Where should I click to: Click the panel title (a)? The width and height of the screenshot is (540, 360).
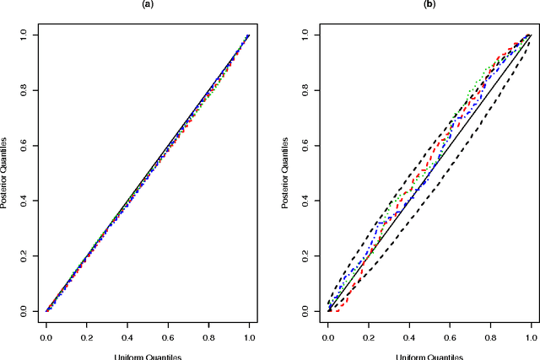pos(147,4)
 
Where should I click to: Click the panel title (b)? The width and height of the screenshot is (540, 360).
pos(429,4)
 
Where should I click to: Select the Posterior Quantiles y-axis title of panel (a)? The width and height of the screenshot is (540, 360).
pos(5,173)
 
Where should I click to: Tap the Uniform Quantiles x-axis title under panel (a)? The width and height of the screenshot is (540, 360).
pos(147,356)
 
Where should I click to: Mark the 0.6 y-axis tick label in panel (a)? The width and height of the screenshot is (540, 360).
pos(24,145)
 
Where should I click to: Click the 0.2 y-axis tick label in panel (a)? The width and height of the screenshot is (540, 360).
pos(24,255)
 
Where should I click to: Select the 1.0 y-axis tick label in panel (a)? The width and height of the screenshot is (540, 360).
pos(24,35)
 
